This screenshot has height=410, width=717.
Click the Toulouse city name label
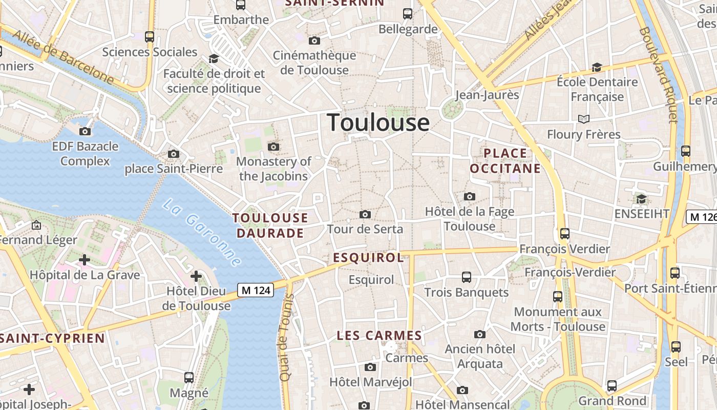[378, 122]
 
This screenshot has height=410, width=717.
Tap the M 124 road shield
[256, 291]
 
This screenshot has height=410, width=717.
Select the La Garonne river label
[202, 233]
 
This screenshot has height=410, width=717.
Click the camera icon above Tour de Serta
[365, 214]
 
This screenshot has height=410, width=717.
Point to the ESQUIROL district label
[369, 258]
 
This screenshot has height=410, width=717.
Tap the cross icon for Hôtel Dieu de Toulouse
[196, 277]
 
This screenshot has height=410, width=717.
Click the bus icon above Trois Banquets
[466, 277]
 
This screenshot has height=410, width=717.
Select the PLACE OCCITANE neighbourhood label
[505, 161]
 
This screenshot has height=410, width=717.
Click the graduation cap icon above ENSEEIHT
[641, 199]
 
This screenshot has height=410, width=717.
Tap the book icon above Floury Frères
[583, 119]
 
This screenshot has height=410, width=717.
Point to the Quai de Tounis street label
[285, 337]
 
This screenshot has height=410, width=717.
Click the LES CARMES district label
[379, 336]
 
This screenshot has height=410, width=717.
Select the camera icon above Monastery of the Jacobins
[273, 147]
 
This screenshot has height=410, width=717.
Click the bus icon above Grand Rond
[611, 385]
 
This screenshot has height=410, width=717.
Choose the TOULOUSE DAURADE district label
[270, 225]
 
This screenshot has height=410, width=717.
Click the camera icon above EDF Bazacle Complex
[85, 132]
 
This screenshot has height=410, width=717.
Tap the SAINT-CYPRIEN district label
[52, 338]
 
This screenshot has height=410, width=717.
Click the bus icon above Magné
[189, 378]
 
